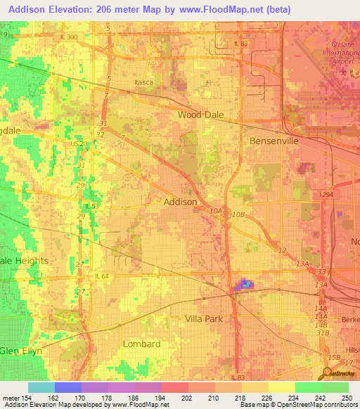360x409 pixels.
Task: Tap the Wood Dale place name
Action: [x=200, y=115]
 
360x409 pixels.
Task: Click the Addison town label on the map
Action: [x=180, y=202]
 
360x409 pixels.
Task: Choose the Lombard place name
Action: [x=141, y=344]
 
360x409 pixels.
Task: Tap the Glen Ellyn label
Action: [x=21, y=351]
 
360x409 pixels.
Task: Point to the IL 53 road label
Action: [x=91, y=206]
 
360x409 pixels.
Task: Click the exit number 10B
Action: [x=239, y=214]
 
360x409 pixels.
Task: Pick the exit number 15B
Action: [x=333, y=357]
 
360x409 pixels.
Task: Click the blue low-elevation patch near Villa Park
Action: [x=245, y=283]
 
